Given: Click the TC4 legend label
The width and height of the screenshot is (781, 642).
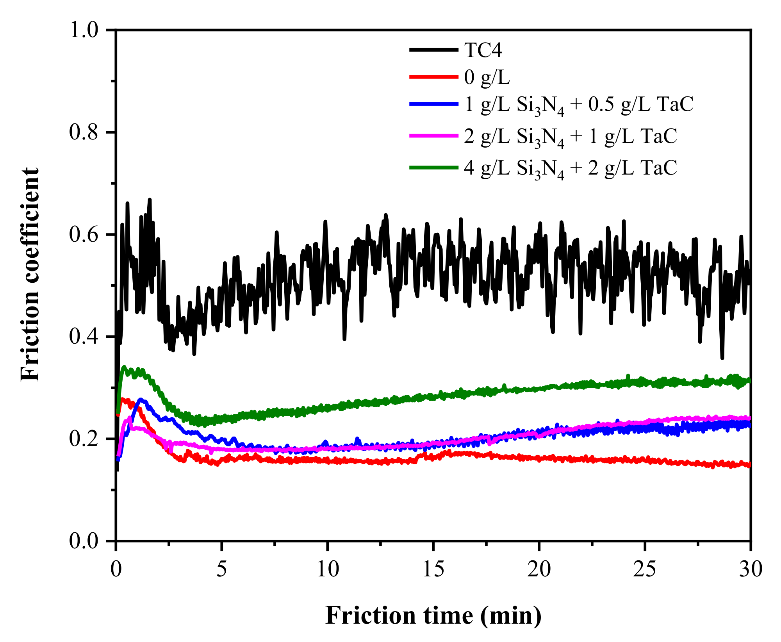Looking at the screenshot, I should tap(483, 50).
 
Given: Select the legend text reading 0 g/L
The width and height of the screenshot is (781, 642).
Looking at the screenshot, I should tap(487, 77).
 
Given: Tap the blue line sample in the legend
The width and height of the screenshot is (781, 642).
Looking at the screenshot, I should tap(433, 104).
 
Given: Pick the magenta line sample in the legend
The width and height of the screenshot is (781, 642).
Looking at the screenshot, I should tap(433, 136).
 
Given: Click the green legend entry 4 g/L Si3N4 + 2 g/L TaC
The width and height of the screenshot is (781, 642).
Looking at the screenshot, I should tap(570, 168).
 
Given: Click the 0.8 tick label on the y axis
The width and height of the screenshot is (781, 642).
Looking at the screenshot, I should tap(84, 132).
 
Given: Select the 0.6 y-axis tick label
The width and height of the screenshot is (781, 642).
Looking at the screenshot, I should tap(84, 234).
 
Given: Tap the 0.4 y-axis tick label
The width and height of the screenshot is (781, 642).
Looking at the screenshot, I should tap(84, 337).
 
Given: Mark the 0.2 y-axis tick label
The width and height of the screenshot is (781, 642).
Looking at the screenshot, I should tap(84, 439).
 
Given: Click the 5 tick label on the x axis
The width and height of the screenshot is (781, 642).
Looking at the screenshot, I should tap(221, 569).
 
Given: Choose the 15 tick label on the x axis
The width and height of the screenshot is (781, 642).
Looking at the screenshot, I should tap(433, 569).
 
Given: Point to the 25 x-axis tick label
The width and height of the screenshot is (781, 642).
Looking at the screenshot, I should tap(644, 569).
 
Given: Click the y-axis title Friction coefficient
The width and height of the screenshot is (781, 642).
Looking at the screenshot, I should tap(30, 275).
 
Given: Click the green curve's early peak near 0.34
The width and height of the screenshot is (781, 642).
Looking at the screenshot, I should tap(125, 367).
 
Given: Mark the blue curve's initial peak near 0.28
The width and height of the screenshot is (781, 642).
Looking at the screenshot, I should tap(141, 399).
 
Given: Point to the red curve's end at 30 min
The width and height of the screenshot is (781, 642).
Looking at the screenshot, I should tap(749, 465).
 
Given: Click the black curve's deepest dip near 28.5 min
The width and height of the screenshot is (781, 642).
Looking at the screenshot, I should tap(722, 358).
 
